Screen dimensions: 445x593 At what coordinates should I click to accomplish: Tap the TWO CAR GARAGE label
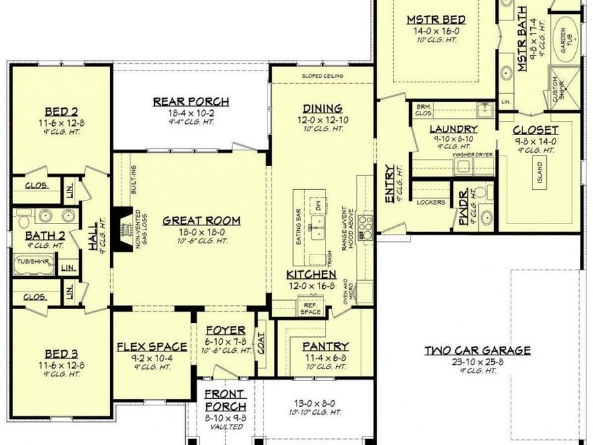pos(477,350)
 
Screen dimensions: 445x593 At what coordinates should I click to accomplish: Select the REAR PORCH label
pos(191,102)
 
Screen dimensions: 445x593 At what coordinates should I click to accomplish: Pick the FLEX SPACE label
pos(152,346)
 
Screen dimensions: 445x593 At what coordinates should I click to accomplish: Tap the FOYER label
pos(225,330)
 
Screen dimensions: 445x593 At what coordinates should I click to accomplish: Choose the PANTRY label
pos(325,346)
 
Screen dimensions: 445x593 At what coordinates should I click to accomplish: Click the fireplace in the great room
pos(122,230)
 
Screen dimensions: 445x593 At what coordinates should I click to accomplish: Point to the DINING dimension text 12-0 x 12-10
pos(322,120)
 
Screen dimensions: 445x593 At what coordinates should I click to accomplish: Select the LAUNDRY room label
pos(453,129)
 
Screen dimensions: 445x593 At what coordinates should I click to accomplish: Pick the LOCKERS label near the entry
pos(432,202)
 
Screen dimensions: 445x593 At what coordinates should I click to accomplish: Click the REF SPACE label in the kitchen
pos(311,307)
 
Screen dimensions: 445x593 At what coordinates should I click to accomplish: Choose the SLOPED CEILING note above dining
pos(322,76)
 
